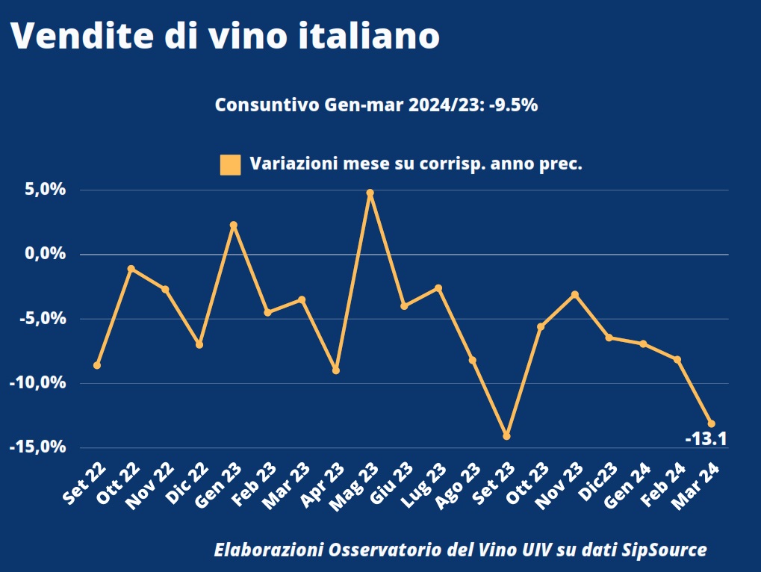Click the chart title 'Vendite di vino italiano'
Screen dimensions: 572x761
coord(224,36)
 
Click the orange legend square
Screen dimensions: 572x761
coord(230,164)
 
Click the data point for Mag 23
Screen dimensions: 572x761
coord(370,193)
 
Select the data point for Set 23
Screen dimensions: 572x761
coord(506,435)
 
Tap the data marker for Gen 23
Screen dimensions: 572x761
coord(234,225)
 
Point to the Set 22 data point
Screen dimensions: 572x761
coord(97,365)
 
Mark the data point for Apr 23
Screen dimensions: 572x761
coord(336,370)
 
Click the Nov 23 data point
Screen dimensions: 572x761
coord(574,294)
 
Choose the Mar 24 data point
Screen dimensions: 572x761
coord(711,423)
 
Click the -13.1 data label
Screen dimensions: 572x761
coord(706,439)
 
